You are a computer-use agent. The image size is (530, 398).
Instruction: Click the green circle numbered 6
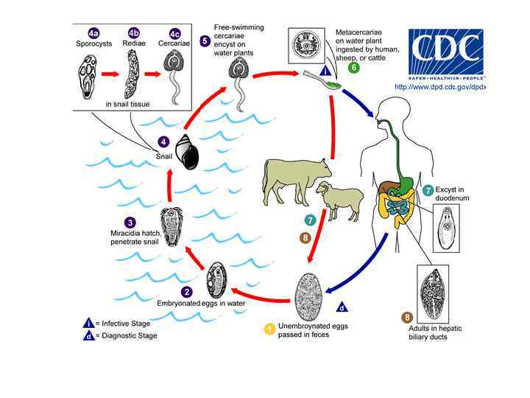[354, 68]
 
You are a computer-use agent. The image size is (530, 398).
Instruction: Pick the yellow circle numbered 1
[270, 328]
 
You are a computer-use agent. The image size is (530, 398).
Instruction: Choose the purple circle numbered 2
[188, 292]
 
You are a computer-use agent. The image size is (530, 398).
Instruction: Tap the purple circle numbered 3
[130, 222]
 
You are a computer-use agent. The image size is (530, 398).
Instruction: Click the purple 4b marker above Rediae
[132, 33]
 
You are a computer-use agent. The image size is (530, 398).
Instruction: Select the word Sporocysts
[91, 44]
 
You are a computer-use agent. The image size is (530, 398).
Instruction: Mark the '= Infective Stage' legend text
[127, 323]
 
